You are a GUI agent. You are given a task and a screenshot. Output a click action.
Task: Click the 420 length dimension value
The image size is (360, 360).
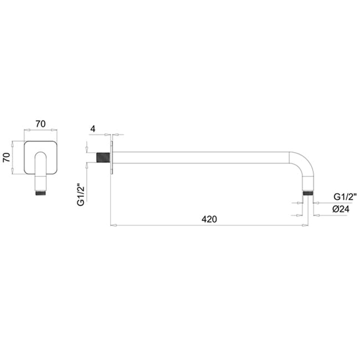click(x=209, y=219)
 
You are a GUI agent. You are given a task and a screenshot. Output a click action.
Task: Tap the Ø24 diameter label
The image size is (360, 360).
click(x=340, y=209)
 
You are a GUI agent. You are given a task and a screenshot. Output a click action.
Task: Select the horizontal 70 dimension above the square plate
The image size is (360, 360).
click(x=41, y=124)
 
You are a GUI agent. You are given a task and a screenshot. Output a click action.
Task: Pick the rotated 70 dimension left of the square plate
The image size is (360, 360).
click(x=7, y=157)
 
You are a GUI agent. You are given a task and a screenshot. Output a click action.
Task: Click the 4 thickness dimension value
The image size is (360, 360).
click(x=93, y=129)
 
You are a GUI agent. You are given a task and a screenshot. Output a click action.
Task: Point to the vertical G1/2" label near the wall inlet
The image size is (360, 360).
click(x=81, y=194)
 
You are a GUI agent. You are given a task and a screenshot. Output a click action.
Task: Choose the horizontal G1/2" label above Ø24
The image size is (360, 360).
click(x=345, y=197)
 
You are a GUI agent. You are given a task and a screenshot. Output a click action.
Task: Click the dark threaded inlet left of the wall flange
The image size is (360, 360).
click(x=103, y=157)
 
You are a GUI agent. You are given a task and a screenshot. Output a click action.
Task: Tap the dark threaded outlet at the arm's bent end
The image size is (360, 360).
click(x=308, y=193)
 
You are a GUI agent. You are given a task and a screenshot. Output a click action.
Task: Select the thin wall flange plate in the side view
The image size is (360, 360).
click(x=112, y=157)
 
